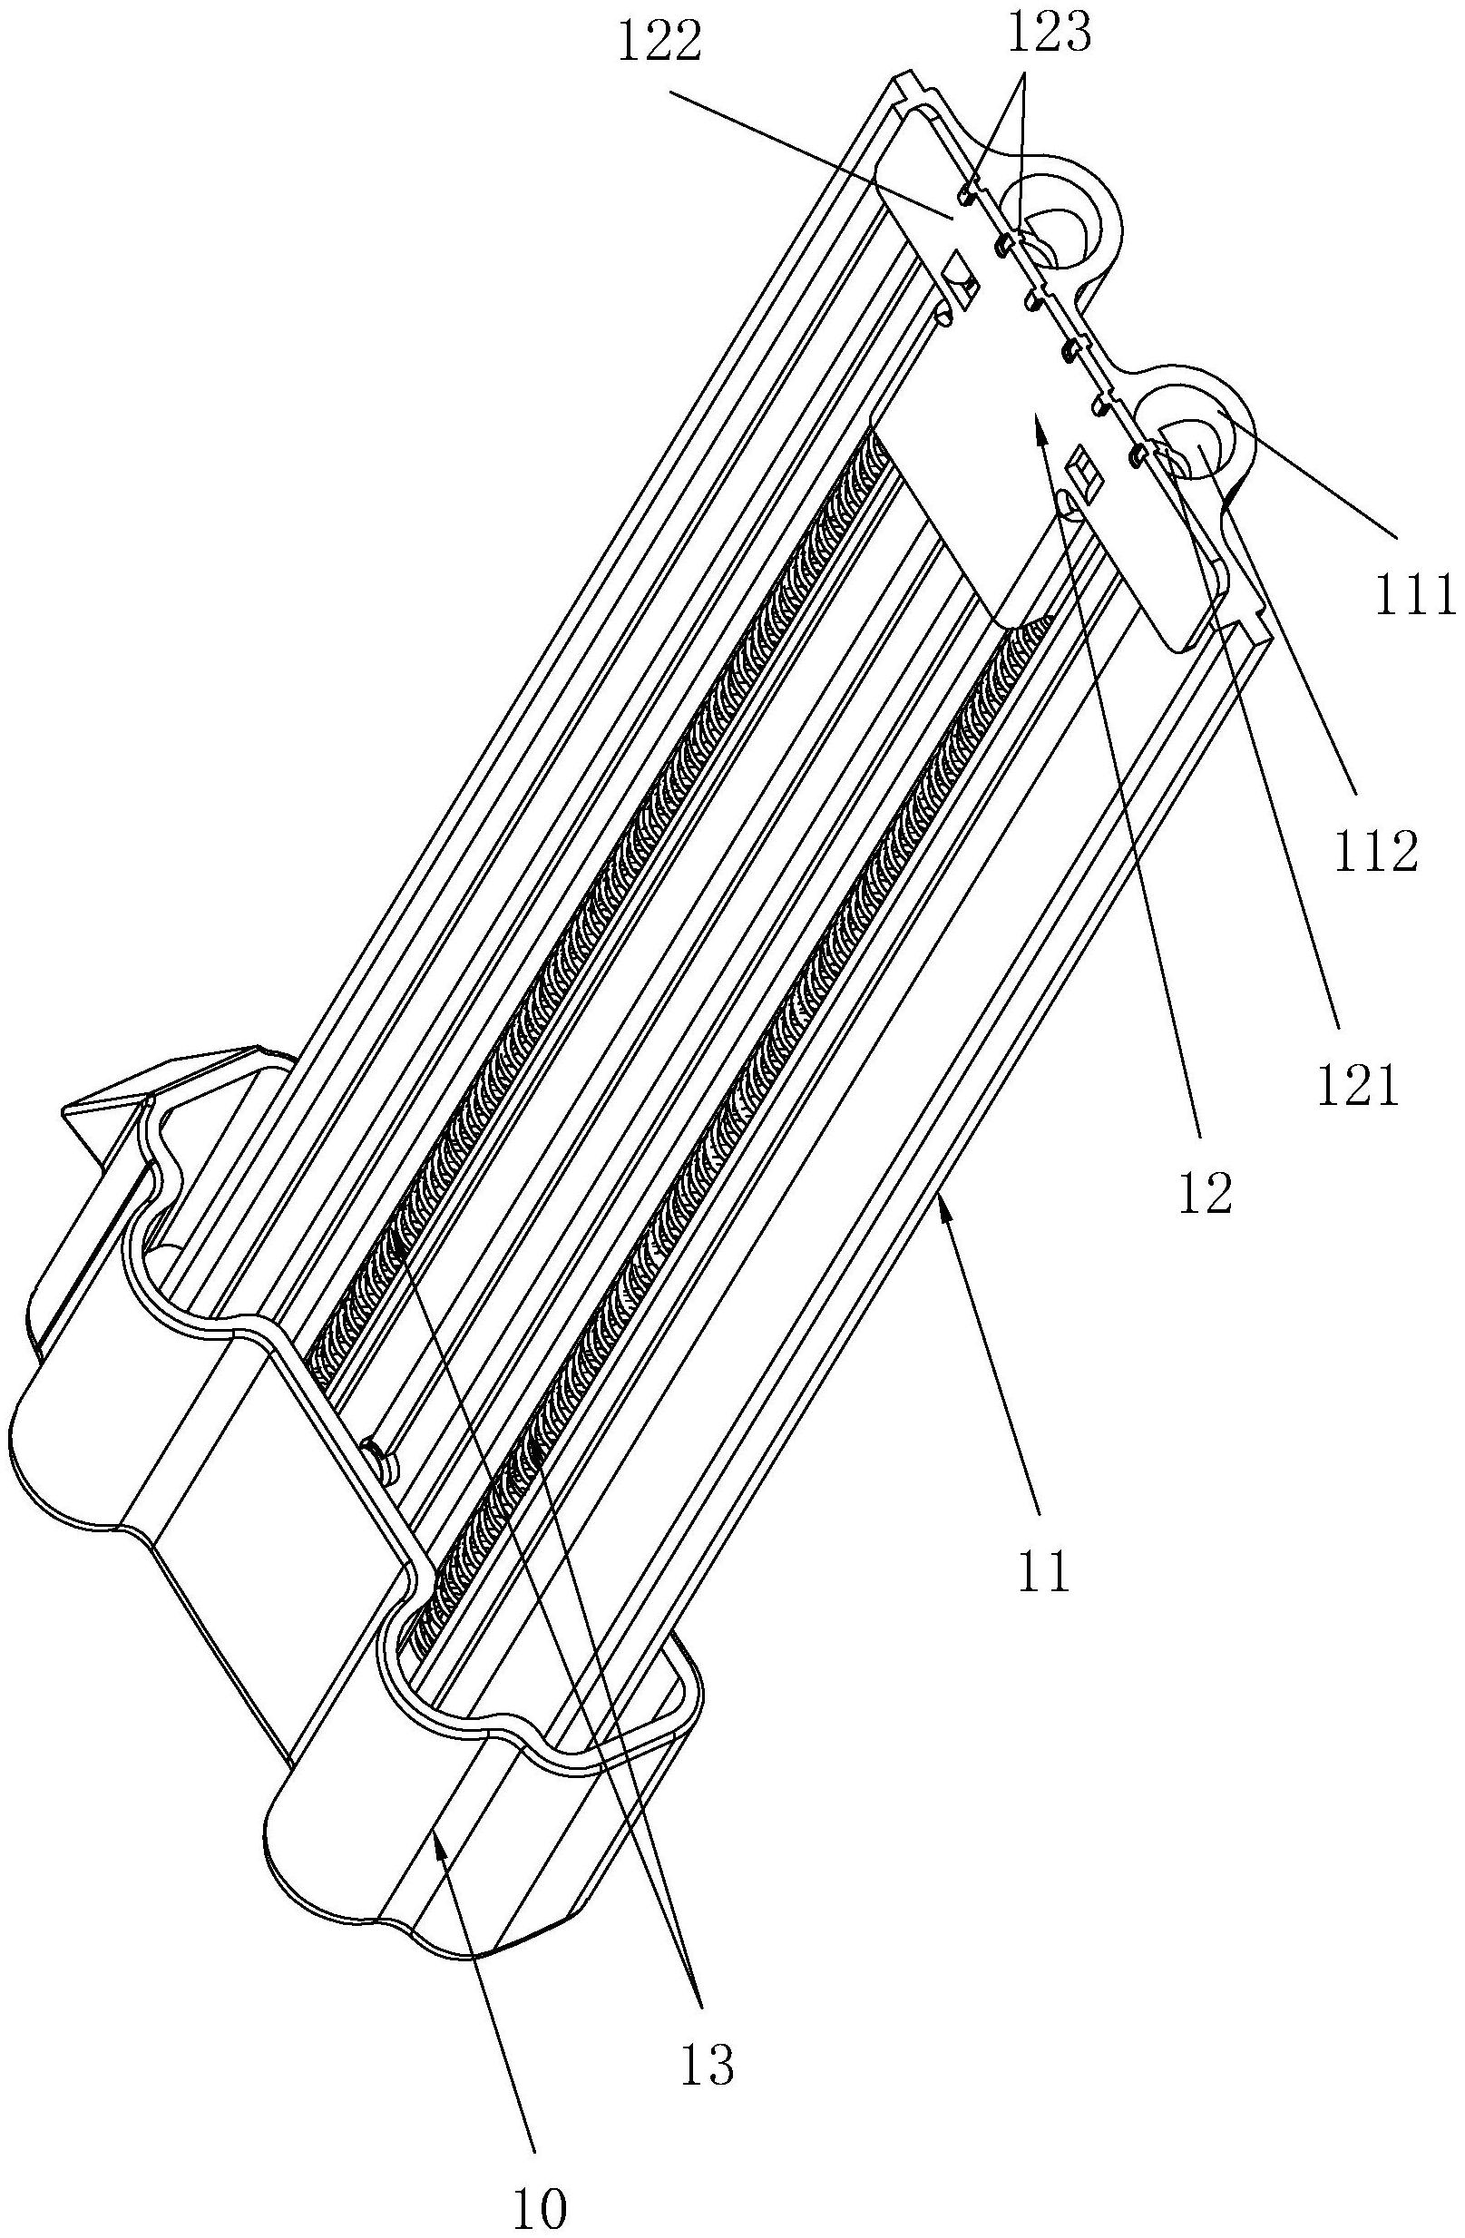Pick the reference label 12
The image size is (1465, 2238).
click(x=1207, y=1194)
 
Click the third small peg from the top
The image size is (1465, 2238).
click(x=1033, y=301)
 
